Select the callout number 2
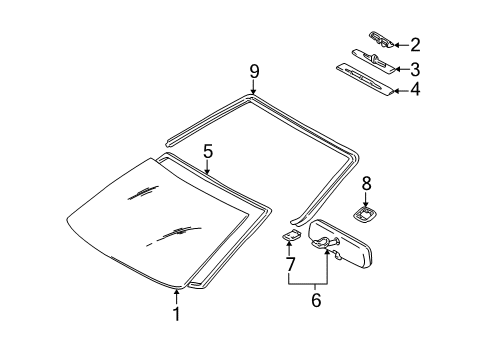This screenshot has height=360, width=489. point(415,44)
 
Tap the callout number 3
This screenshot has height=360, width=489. point(415,68)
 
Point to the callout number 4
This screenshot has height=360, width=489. point(415,91)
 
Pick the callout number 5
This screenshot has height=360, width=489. point(208,152)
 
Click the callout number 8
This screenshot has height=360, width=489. point(366,183)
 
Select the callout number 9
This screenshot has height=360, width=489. point(254,70)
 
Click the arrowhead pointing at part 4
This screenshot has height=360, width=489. point(394,91)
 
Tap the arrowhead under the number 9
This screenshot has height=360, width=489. point(254,91)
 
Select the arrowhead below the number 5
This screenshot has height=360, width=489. point(208,173)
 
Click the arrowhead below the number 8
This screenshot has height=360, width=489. point(366,203)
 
